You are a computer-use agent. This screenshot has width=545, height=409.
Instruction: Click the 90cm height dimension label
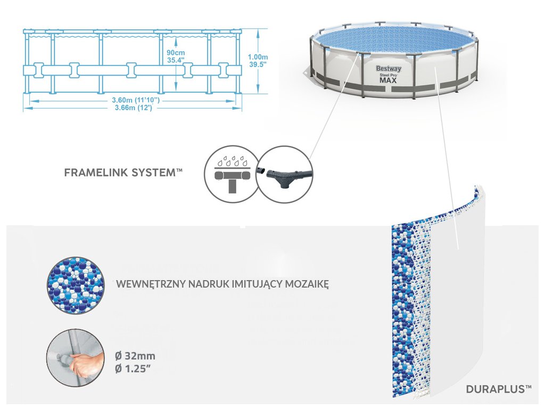[x=176, y=53]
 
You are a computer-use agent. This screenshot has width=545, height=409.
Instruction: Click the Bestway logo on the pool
[x=389, y=69]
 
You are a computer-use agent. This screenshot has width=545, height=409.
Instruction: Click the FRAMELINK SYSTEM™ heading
[x=123, y=173]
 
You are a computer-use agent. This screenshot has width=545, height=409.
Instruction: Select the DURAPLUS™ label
[x=498, y=389]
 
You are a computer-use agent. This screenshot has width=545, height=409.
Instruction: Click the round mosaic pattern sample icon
[x=74, y=284]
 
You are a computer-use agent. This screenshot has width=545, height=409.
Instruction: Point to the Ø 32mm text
[x=136, y=355]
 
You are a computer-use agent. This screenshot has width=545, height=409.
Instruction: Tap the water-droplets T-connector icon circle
[x=230, y=174]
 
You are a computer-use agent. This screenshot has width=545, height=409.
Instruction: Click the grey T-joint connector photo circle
[x=284, y=174]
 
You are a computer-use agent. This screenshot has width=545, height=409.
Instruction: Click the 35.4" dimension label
[x=175, y=61]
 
